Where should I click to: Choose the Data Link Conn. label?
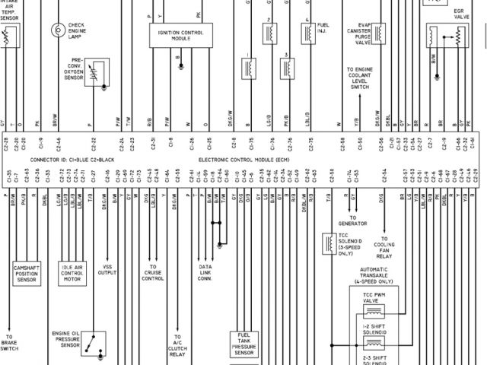click(x=205, y=273)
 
